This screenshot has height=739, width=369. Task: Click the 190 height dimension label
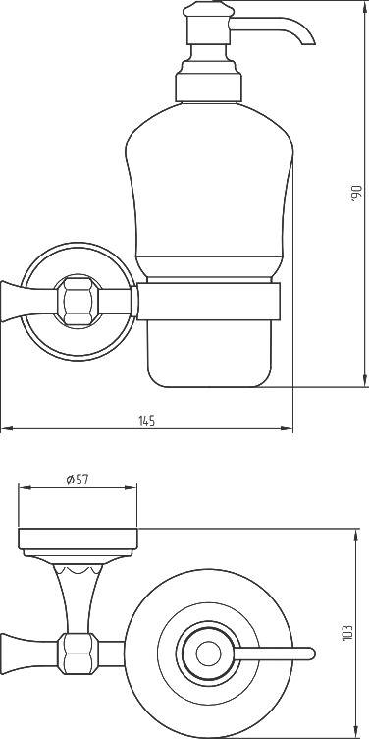[357, 194]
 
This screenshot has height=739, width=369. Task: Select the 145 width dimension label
[147, 421]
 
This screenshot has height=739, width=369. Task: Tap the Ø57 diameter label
[78, 480]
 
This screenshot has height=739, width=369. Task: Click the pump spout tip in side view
[309, 42]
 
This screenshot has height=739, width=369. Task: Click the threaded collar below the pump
[208, 86]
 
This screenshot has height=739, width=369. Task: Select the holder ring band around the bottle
[208, 302]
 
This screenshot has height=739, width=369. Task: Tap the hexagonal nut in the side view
[79, 302]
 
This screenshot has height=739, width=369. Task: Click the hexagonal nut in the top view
[78, 654]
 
